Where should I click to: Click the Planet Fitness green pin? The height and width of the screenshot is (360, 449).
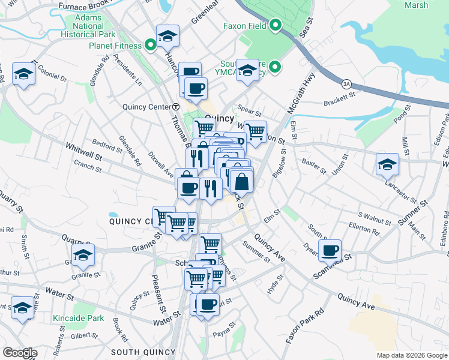coord(150,45)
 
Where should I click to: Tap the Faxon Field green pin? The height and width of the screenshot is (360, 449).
coord(276,26)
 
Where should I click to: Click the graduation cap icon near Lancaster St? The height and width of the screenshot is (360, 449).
coord(387,163)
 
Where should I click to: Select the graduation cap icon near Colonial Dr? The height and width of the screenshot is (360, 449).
coord(23,74)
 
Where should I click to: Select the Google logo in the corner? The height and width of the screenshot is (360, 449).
coord(20,353)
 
